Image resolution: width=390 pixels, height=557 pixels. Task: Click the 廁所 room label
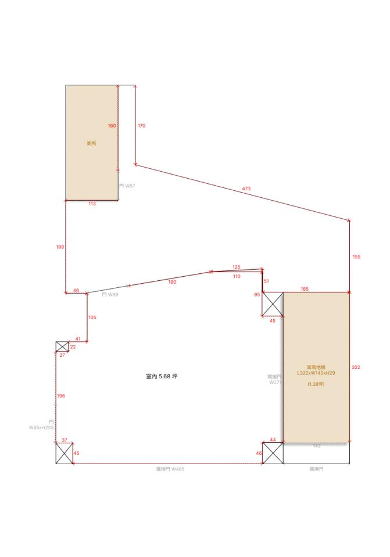91,143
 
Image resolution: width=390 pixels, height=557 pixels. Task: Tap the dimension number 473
247,188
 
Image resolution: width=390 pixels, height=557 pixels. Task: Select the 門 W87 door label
127,186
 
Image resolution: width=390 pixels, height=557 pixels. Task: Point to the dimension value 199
60,247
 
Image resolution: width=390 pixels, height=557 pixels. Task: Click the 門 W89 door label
110,295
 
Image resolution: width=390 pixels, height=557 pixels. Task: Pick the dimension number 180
172,282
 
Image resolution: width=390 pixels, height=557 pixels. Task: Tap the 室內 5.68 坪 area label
162,377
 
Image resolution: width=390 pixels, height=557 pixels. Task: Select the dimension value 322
356,367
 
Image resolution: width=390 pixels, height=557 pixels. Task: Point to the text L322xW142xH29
316,373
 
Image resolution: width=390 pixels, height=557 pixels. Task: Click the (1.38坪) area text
316,384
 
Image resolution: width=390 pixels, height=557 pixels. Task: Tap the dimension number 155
356,256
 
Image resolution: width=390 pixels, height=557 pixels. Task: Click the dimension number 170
141,125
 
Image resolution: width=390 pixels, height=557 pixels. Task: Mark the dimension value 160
112,126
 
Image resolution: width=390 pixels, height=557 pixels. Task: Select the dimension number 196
61,396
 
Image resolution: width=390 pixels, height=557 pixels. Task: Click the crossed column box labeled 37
64,453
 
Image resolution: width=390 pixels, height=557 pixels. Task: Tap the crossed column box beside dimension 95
273,304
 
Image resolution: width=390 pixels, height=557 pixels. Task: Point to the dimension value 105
92,317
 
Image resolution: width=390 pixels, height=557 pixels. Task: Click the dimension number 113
92,204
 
